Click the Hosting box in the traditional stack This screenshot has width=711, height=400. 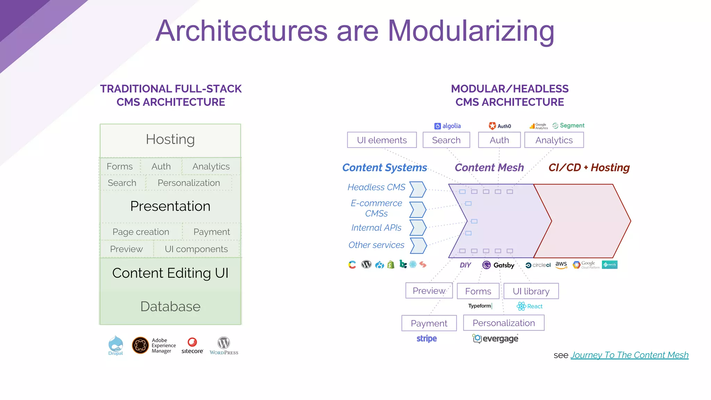point(170,140)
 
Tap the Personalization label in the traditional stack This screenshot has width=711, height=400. point(189,183)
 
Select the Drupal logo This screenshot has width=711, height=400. point(116,345)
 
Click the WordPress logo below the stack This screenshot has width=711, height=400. point(224,345)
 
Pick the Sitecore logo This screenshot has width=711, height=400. point(192,345)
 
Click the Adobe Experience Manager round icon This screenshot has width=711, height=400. point(141,345)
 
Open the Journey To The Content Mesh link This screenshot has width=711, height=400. point(629,355)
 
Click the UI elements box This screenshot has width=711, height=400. point(382,140)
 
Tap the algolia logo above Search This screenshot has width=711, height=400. point(447,126)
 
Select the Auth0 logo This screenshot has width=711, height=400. point(500,126)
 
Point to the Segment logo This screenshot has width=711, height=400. point(568,126)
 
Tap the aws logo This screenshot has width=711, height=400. point(561,265)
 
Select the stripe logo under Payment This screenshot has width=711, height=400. point(427,339)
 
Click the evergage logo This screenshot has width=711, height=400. point(495,339)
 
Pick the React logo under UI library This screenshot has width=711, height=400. point(529,306)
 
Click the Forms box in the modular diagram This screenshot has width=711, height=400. point(478,291)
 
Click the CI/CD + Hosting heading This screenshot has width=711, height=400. point(589,168)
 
